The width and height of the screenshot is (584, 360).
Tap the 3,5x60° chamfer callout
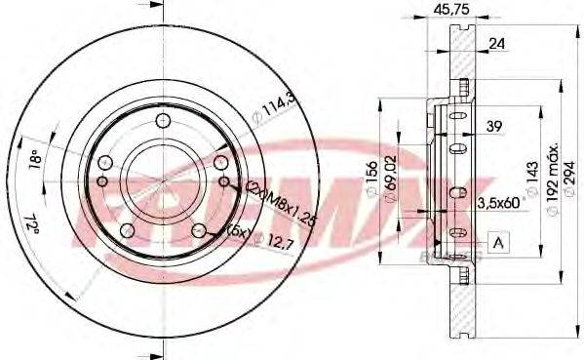pos(500,202)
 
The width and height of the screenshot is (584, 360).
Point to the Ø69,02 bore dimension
pos(390,182)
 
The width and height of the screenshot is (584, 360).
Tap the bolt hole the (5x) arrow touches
pos(199,230)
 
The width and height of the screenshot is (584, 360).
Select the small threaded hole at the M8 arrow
pos(225,180)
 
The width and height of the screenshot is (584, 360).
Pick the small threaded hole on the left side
pos(101,180)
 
